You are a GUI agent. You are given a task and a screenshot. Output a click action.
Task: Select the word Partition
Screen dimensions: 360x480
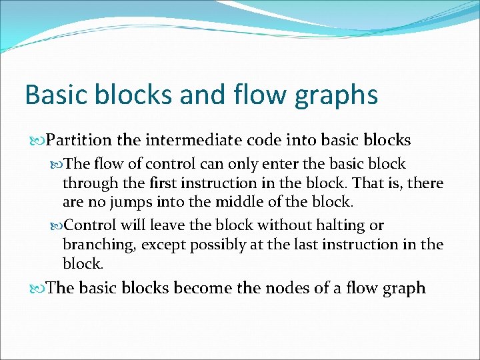click(80, 140)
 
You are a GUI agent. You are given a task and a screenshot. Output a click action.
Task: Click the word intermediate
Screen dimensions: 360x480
click(194, 140)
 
